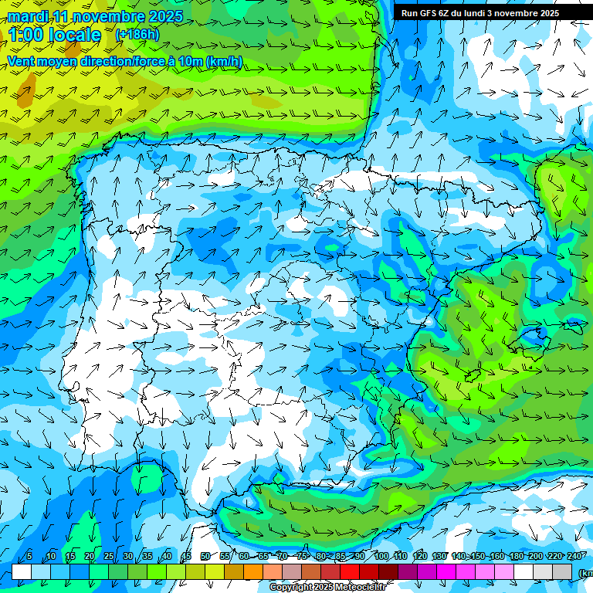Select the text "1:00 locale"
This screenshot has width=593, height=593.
[55, 35]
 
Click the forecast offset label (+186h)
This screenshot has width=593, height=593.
[137, 35]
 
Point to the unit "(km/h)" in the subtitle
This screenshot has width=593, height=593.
[224, 61]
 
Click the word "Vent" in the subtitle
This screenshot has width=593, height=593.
[22, 61]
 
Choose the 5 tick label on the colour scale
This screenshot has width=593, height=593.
[29, 557]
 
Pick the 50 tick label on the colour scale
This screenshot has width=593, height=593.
[205, 557]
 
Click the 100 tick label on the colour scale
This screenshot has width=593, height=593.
[381, 557]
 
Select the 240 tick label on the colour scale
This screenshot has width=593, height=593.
[575, 557]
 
